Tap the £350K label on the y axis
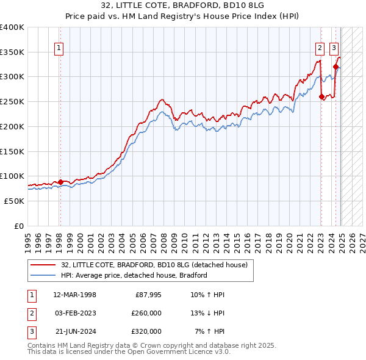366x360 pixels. coord(12,52)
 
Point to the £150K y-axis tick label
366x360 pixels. coord(12,151)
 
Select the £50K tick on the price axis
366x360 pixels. coord(15,200)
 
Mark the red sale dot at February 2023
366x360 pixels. coord(321,96)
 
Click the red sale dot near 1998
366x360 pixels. coord(60,182)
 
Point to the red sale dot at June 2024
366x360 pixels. coord(336,67)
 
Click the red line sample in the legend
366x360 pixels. coord(43,265)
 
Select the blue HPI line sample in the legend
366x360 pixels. coord(43,275)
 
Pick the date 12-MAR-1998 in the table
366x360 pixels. coord(75,295)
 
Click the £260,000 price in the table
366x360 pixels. coord(146,313)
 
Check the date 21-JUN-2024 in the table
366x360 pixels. coord(76,331)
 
